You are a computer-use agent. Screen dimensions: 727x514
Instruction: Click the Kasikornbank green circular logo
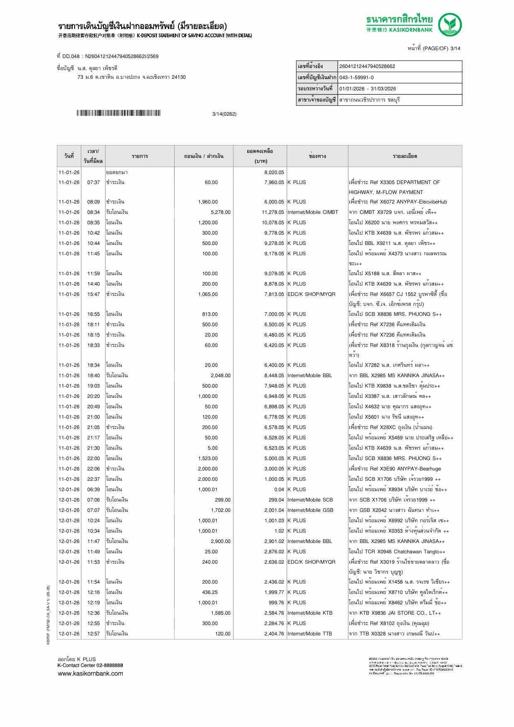(x=450, y=24)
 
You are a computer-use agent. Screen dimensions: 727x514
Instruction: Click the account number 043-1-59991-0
(x=356, y=78)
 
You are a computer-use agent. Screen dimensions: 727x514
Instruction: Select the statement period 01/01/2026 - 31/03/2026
(x=368, y=89)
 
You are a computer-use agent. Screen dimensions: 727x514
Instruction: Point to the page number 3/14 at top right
(x=455, y=48)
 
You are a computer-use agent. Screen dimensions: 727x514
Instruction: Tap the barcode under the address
(x=118, y=114)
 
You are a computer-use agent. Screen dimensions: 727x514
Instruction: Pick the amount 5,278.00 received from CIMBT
(x=220, y=212)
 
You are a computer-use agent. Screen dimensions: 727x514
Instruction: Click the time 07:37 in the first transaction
(x=93, y=182)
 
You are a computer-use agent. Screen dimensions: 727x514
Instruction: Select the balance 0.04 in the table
(x=279, y=490)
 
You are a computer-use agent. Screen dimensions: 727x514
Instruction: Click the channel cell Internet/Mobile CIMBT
(x=313, y=212)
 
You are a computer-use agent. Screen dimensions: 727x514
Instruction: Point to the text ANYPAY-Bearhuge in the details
(x=419, y=469)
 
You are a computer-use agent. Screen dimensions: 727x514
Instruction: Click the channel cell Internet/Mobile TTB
(x=309, y=634)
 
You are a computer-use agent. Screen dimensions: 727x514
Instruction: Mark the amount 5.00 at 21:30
(x=212, y=448)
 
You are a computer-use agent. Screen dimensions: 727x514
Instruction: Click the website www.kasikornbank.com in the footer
(x=90, y=673)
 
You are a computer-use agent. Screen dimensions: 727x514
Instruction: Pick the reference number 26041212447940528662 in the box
(x=367, y=66)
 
